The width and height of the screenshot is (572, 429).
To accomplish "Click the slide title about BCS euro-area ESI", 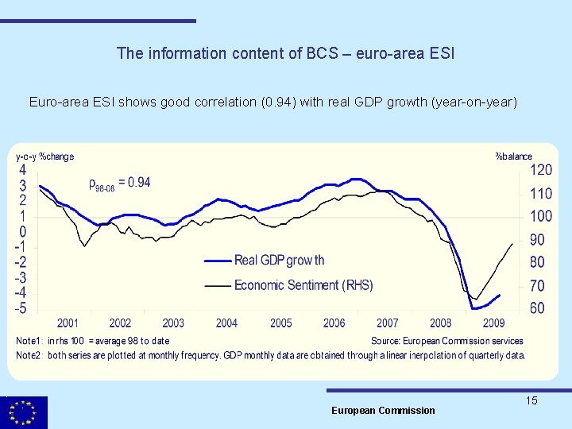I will [x=285, y=53].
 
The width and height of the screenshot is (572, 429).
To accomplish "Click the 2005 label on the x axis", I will [x=281, y=323].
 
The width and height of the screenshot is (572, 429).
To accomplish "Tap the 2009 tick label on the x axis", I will [x=493, y=323].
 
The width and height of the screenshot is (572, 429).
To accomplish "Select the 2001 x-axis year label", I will [x=68, y=323].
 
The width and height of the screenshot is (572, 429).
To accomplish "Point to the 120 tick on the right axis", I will [x=541, y=170].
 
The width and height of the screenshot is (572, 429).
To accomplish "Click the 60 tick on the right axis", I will [x=537, y=307].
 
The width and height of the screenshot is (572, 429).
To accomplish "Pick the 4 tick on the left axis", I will [x=23, y=170].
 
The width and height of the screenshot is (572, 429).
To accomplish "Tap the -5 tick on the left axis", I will [x=21, y=307].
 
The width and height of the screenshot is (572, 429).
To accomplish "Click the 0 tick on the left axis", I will [x=23, y=231].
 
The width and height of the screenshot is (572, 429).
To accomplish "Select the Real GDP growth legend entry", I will [x=279, y=261].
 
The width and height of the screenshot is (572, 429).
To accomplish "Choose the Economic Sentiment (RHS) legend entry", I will [x=303, y=285].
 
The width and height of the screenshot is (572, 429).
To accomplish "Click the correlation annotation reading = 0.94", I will [x=119, y=184].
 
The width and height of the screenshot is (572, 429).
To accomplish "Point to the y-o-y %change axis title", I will [x=45, y=157].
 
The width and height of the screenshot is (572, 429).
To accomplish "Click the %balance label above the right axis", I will [x=513, y=157].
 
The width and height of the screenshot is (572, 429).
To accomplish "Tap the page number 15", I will [x=531, y=400].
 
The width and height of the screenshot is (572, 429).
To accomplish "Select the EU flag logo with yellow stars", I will [x=24, y=412].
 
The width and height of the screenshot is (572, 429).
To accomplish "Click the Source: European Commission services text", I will [x=446, y=341].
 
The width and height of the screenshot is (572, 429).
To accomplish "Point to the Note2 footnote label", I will [x=29, y=355].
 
